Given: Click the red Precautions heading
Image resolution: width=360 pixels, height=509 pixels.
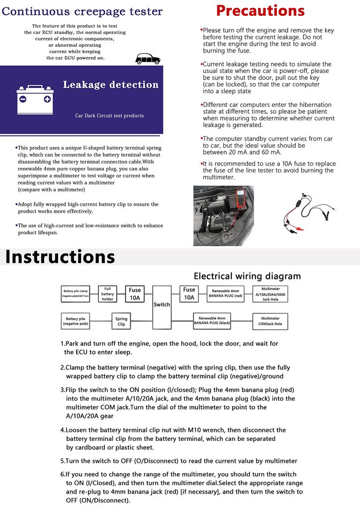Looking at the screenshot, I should coord(260,11).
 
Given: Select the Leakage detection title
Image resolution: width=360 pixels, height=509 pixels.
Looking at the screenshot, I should coord(110,85).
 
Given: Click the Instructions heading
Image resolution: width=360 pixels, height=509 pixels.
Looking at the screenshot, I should coord(60,257).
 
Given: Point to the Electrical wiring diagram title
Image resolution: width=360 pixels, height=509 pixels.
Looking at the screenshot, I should coord(247,276).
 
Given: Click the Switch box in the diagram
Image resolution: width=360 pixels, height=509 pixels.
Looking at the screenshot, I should coord(162,304).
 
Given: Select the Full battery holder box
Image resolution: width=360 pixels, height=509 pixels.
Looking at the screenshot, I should coord(107,294).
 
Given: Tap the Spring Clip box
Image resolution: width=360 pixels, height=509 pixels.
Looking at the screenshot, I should coord(121,321).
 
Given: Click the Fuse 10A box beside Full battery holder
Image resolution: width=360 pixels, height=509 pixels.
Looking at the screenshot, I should coord(135,294).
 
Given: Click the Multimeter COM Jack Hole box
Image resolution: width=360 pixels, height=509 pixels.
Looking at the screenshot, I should coord(270,321).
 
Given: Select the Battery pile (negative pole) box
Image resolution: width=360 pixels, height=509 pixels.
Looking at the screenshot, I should coord(76,321).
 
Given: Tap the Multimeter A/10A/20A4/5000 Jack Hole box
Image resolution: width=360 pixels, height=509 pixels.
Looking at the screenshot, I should coord(270,294).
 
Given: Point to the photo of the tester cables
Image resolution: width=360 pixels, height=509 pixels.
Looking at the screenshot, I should coord(307,216).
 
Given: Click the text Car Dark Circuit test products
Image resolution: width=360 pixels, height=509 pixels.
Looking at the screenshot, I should coord(109,116).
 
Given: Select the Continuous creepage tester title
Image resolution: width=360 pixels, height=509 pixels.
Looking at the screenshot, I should coord(82,11).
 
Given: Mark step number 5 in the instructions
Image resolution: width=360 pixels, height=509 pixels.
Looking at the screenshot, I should coord(63,461).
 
